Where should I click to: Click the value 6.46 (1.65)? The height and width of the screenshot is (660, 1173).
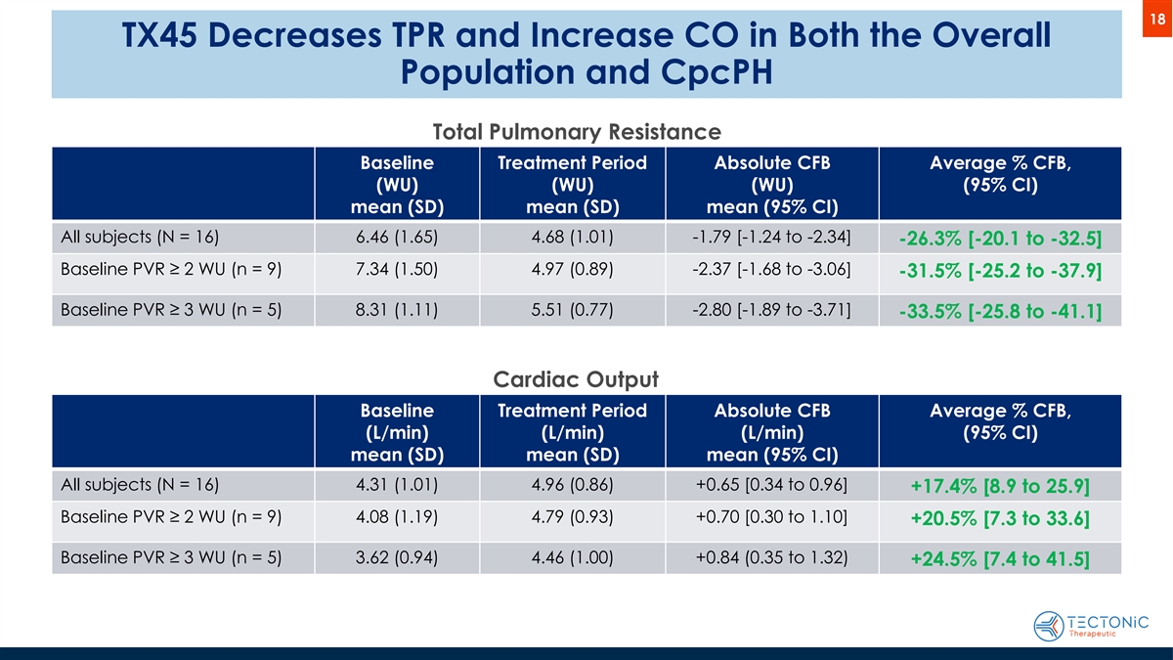pyautogui.click(x=397, y=237)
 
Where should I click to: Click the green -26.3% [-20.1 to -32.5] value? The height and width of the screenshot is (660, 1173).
pyautogui.click(x=999, y=240)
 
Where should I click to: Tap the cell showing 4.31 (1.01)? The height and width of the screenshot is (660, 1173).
pyautogui.click(x=397, y=484)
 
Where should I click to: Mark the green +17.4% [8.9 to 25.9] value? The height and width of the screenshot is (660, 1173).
pyautogui.click(x=1000, y=487)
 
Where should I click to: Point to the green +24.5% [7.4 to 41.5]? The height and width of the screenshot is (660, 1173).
pyautogui.click(x=1000, y=560)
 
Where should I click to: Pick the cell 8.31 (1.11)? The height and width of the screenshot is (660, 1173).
pyautogui.click(x=397, y=310)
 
